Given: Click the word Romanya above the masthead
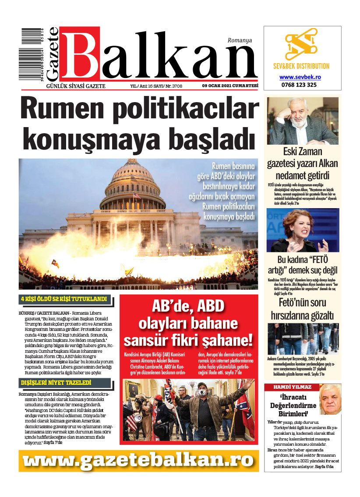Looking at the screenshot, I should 240,40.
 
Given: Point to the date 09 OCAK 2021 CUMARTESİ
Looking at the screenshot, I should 230,85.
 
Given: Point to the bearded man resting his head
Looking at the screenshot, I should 302,121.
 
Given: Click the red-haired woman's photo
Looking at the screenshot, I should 302,230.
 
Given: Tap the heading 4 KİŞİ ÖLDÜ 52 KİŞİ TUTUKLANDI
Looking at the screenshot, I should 64,299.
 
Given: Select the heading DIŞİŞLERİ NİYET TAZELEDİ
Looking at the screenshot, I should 56,383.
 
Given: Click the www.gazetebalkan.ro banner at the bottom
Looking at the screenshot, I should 138,460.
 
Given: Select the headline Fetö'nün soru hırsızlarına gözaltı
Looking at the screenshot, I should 302,309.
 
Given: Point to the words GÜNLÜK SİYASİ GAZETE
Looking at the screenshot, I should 75,86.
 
